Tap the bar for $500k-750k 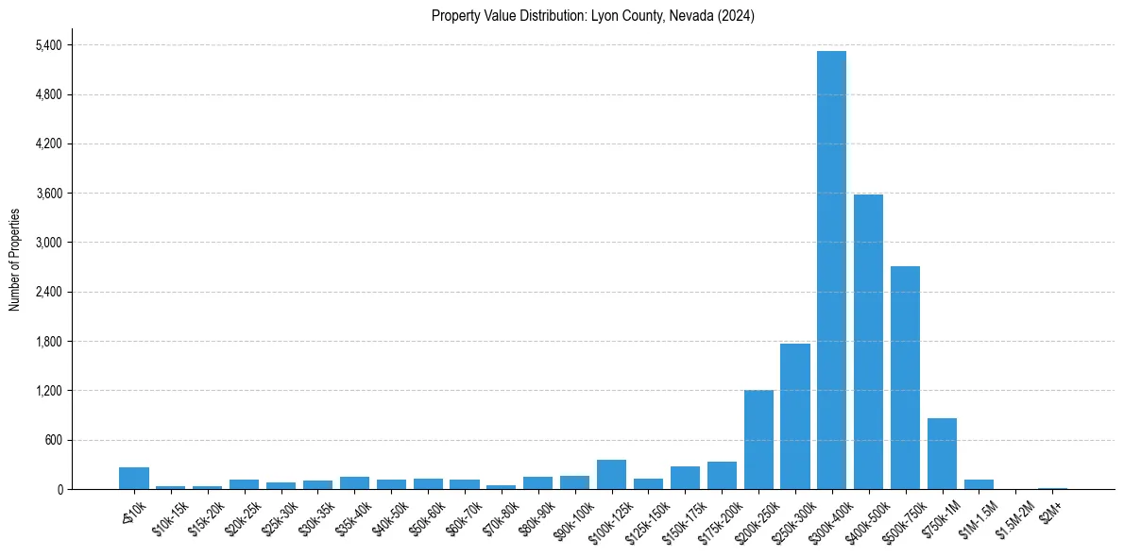tap(905, 378)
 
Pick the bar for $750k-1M tap(942, 454)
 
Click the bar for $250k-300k tap(794, 416)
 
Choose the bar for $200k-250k tap(758, 440)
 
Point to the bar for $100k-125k tap(611, 475)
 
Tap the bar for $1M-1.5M tap(979, 484)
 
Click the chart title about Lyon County tap(593, 16)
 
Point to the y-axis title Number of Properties tap(14, 260)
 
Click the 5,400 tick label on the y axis tap(46, 45)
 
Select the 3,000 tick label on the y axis tap(46, 243)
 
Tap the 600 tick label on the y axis tap(52, 440)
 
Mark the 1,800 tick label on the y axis tap(46, 342)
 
